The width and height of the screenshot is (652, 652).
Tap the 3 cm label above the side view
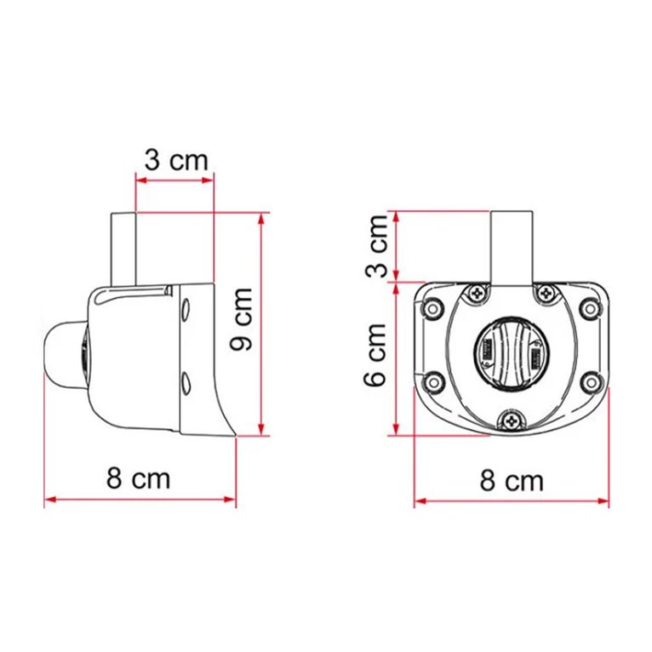175,159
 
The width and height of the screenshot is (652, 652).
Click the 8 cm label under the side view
139,478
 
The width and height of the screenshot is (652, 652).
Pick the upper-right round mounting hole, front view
587,308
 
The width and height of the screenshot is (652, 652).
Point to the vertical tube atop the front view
512,247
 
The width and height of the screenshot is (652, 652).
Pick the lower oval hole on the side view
185,380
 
